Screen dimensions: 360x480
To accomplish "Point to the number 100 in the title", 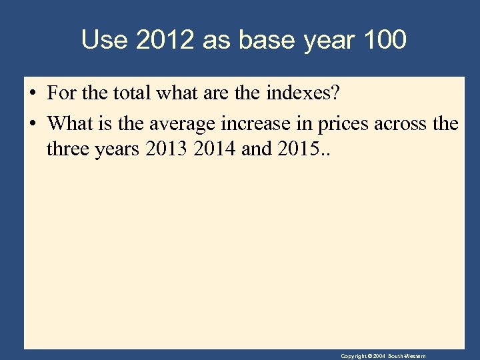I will pos(385,40).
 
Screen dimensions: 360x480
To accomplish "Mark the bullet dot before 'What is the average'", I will pos(32,123).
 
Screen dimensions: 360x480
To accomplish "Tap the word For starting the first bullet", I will pos(61,93).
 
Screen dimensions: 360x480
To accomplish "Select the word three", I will pos(67,149).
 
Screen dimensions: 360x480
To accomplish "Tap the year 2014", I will pos(214,149).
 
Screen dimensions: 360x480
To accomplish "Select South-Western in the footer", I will pos(406,356).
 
